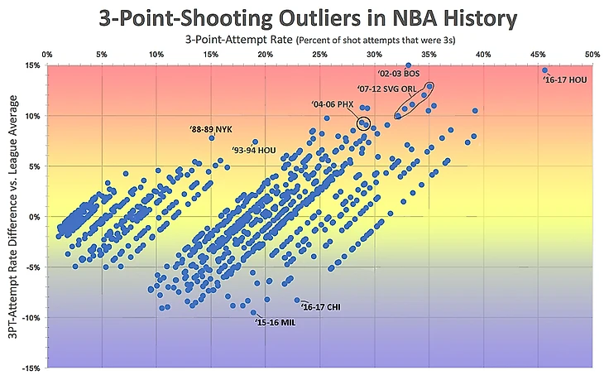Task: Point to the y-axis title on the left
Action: pyautogui.click(x=14, y=217)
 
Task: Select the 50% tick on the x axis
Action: pyautogui.click(x=592, y=55)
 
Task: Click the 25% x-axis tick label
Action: pyautogui.click(x=319, y=55)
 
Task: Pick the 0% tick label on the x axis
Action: pyautogui.click(x=49, y=55)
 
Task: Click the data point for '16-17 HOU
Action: pyautogui.click(x=545, y=70)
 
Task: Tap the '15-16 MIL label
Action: pyautogui.click(x=276, y=323)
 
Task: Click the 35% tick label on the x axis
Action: pyautogui.click(x=429, y=55)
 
